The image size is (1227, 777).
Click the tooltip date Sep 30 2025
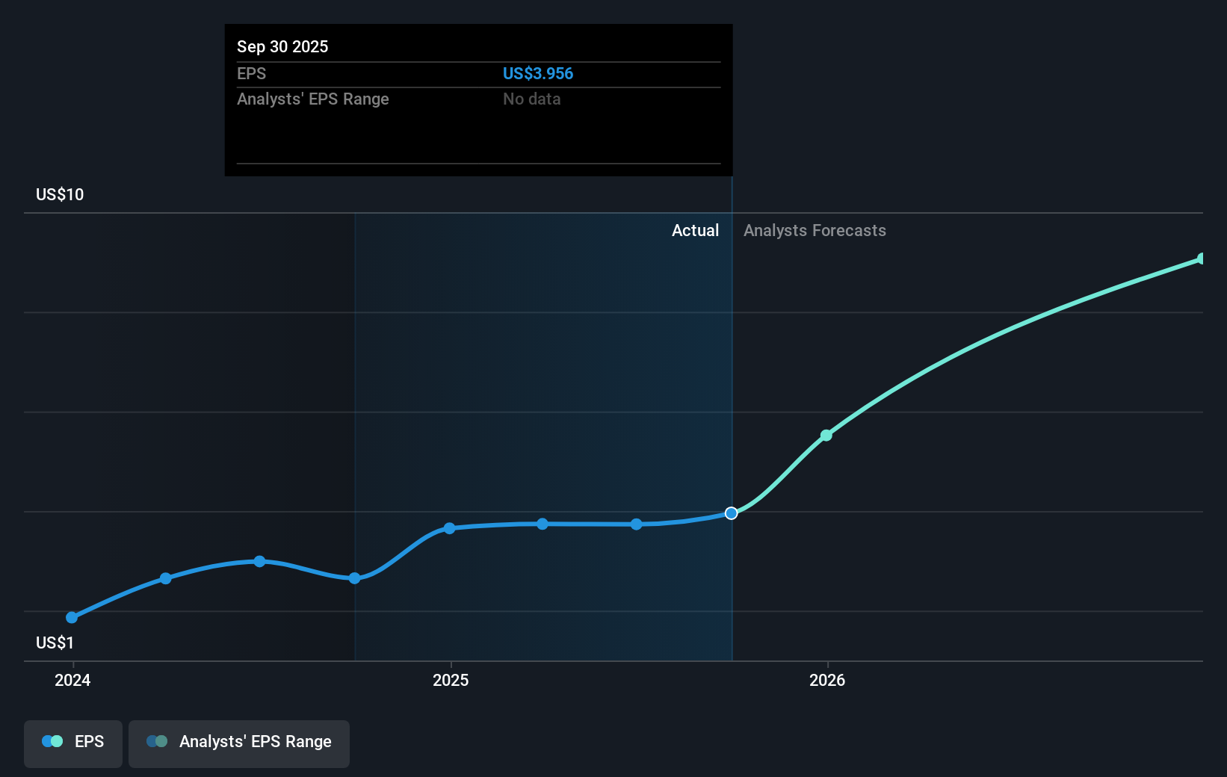tap(282, 46)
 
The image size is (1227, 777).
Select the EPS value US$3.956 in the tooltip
tap(537, 73)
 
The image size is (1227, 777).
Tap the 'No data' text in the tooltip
tap(531, 99)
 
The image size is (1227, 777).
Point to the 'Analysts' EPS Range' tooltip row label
tap(312, 99)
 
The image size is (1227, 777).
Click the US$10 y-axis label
tap(60, 194)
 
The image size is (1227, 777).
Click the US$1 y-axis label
tap(55, 643)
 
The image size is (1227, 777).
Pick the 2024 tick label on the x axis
tap(72, 680)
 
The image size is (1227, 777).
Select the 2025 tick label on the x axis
tap(451, 680)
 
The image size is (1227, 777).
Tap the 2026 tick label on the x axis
tap(827, 680)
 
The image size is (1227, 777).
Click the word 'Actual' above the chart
tap(695, 230)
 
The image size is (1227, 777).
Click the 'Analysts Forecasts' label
tap(815, 230)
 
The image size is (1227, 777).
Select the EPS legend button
tap(73, 742)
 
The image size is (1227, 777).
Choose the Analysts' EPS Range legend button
tap(239, 742)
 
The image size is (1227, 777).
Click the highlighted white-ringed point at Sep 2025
tap(732, 513)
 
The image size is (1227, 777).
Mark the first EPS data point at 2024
tap(72, 618)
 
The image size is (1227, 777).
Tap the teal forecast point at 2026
tap(826, 436)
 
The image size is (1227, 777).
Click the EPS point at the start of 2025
tap(449, 528)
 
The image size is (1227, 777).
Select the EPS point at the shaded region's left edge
tap(355, 578)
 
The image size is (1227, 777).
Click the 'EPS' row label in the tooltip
tap(251, 73)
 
